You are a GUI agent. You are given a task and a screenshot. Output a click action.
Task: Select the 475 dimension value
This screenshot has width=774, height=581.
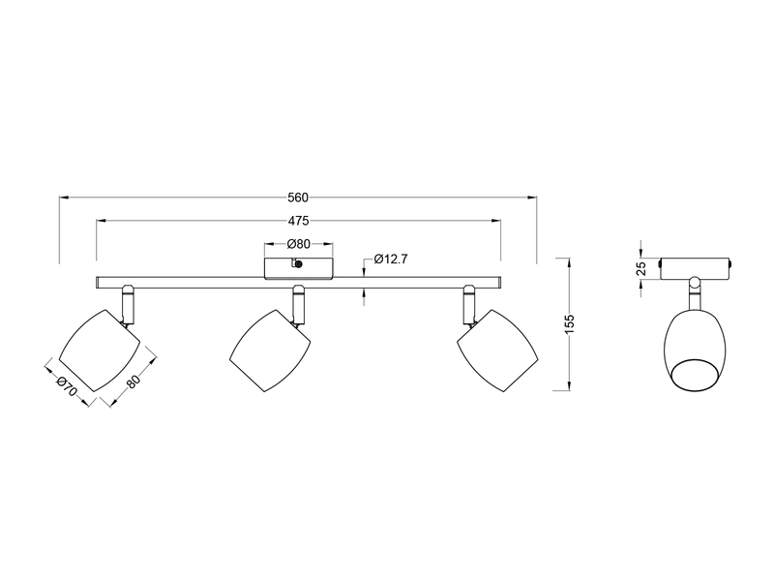pos(298,221)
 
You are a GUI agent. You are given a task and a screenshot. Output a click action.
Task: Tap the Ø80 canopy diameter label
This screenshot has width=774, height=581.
pos(298,244)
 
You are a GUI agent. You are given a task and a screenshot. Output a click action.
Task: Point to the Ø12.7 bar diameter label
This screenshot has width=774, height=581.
pos(392,260)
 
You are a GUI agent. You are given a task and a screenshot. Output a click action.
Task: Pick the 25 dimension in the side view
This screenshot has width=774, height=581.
pos(640,269)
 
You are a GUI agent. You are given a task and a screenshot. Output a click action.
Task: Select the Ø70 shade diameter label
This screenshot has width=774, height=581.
pos(65,384)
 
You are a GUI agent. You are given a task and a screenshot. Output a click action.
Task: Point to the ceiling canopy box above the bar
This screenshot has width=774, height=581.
pos(298,266)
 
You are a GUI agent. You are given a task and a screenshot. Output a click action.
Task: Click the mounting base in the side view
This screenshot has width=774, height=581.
pos(695,266)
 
